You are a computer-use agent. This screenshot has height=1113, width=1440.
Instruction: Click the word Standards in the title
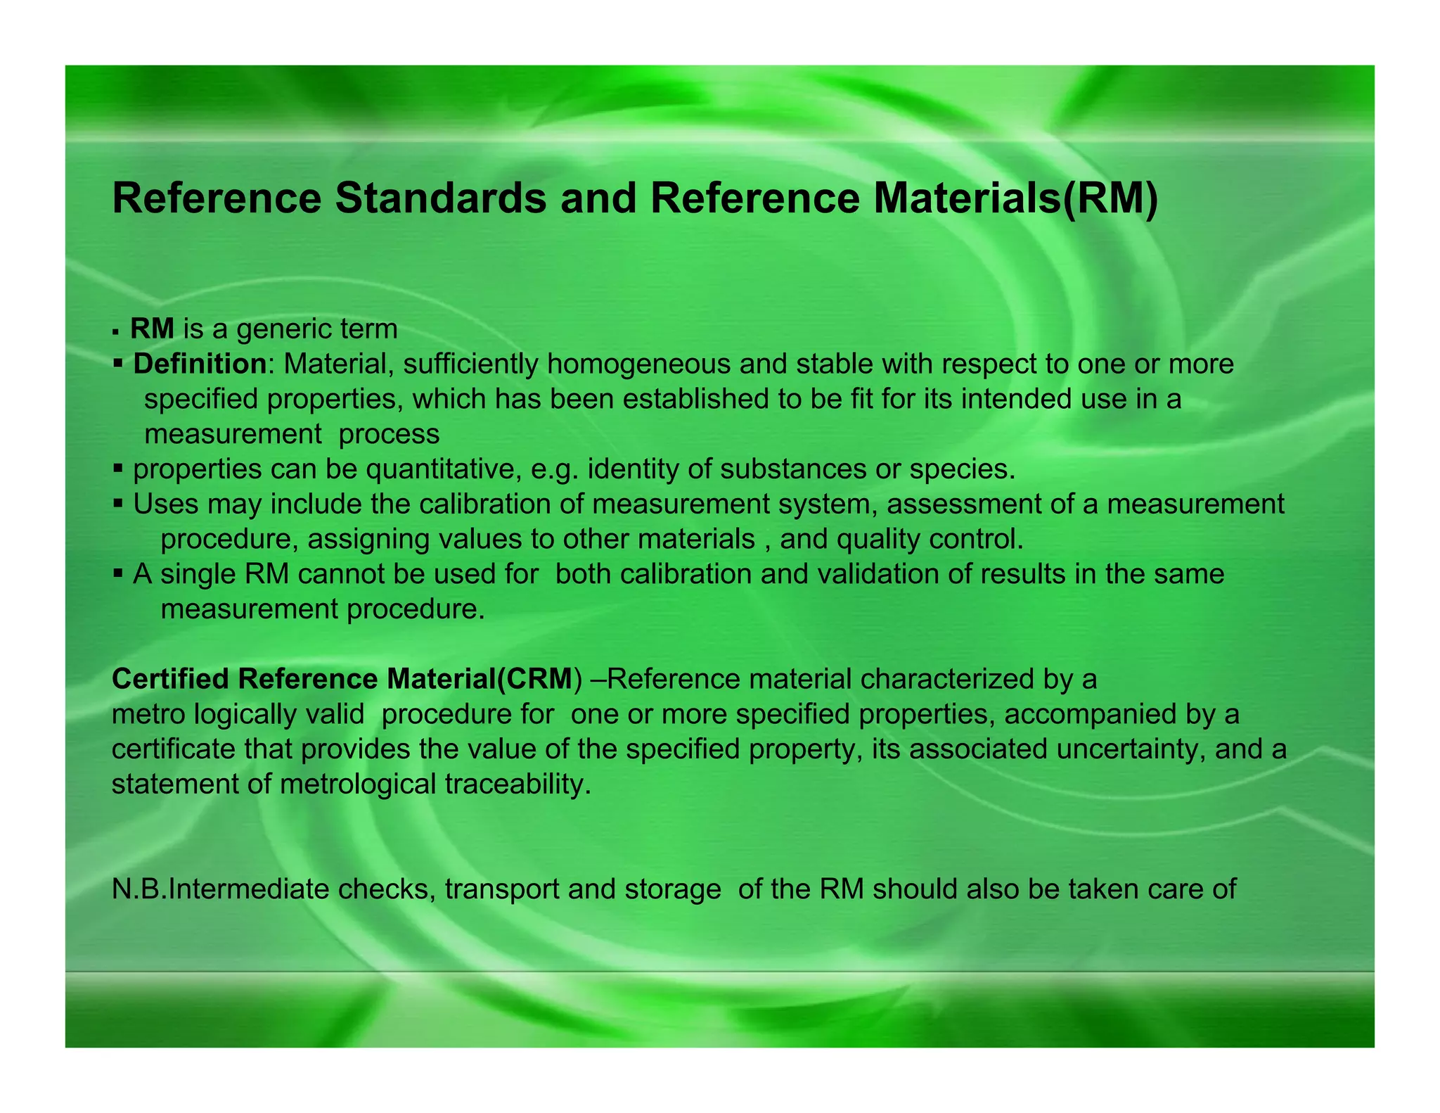point(440,198)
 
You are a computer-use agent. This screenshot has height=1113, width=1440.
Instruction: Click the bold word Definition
point(200,364)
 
